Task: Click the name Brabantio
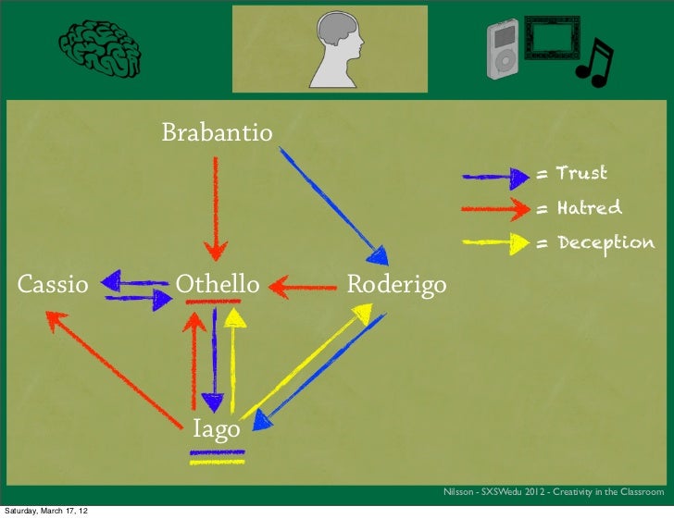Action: (218, 133)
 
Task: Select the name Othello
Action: (218, 283)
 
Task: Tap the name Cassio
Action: (53, 284)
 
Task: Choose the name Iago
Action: (216, 429)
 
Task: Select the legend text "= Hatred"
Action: (579, 208)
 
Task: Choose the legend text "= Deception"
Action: (594, 243)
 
